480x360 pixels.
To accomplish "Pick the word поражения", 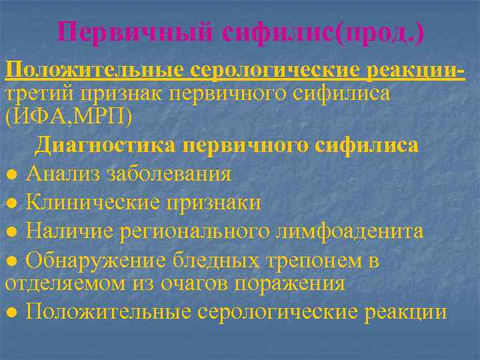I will tap(291, 283).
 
